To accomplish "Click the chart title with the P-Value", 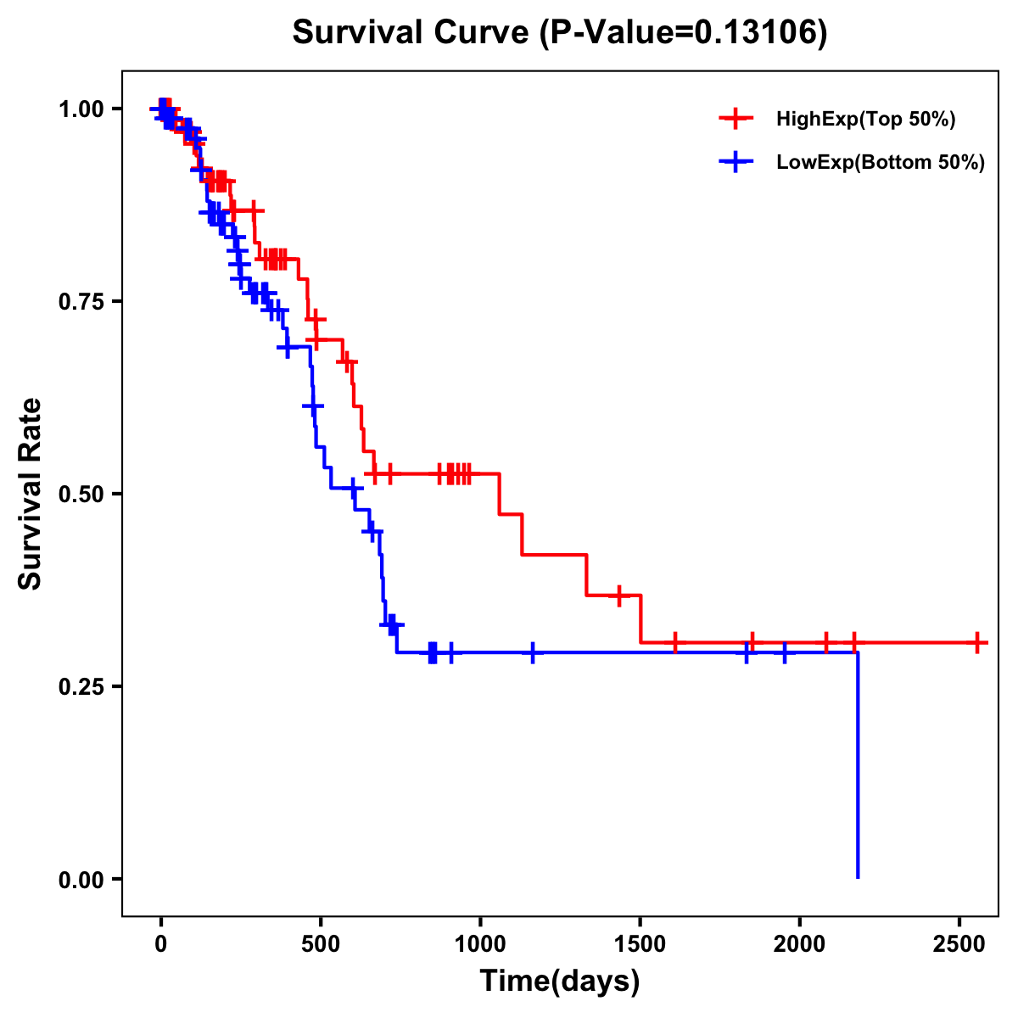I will [x=559, y=32].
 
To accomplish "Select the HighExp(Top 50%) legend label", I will [x=865, y=119].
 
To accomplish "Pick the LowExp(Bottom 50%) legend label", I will [x=881, y=163].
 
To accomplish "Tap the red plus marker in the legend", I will [x=736, y=119].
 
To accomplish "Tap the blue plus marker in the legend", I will [x=736, y=163].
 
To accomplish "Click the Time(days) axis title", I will [x=560, y=982].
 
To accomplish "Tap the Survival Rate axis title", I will [x=31, y=494].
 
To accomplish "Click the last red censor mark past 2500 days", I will [x=977, y=642].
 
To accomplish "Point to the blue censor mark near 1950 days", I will [x=784, y=652].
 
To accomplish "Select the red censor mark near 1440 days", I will [x=619, y=596].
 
